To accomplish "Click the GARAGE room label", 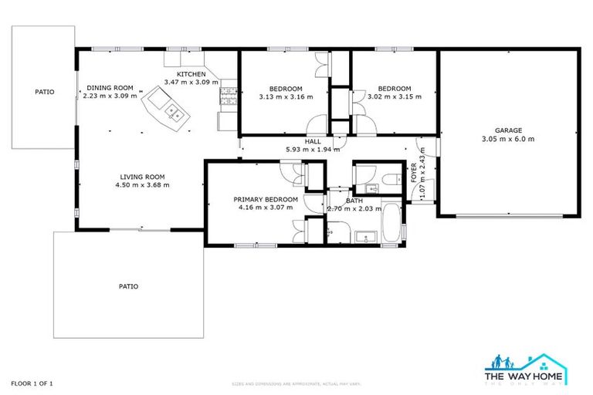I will click(509, 130).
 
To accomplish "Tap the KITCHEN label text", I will click(191, 73).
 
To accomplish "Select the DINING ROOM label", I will click(110, 88).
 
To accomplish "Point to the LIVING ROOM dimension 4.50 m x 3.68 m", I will click(141, 185).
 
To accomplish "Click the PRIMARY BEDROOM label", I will click(266, 199).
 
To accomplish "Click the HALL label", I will click(313, 141).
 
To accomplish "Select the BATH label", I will click(354, 201).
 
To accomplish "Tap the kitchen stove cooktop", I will click(228, 96).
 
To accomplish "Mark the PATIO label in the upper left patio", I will click(45, 92).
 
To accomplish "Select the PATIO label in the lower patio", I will click(128, 286).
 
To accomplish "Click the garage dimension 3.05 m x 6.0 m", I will click(508, 140).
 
